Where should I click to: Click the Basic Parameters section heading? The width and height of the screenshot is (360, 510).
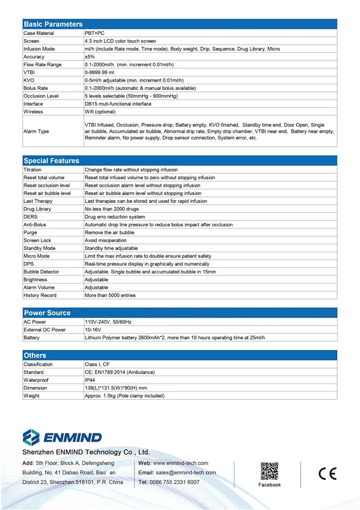[x=53, y=24]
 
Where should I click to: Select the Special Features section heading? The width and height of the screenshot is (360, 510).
[x=52, y=161]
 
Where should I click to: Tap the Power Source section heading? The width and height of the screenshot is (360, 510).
[x=47, y=313]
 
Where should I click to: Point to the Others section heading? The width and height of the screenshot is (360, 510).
[x=35, y=355]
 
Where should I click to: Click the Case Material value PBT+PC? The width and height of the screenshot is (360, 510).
[x=96, y=33]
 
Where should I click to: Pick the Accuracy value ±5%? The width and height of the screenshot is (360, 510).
[x=90, y=57]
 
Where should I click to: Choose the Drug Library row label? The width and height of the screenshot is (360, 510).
[x=37, y=209]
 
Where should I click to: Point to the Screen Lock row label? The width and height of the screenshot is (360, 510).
[x=37, y=240]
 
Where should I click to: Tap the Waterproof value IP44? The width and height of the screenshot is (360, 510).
[x=90, y=380]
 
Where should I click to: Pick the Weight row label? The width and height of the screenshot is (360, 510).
[x=31, y=396]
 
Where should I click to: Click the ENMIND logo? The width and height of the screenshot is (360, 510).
[x=62, y=437]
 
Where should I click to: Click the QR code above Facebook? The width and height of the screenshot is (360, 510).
[x=269, y=471]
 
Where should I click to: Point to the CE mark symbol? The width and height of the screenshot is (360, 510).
[x=328, y=474]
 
